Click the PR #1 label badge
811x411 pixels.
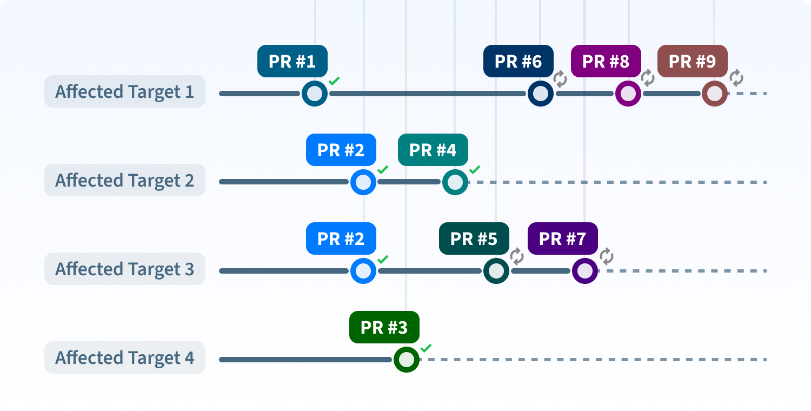coord(292,61)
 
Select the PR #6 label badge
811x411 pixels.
coord(518,61)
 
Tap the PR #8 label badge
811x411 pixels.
coord(606,61)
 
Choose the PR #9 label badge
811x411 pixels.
coord(692,61)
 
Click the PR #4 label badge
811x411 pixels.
coord(433,150)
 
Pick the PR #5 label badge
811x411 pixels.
coord(474,238)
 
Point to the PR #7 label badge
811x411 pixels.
coord(562,238)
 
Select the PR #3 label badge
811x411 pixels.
coord(384,327)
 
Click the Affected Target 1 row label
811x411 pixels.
coord(124,91)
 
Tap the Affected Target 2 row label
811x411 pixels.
coord(124,180)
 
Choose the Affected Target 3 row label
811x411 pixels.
coord(124,269)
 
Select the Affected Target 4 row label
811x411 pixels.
coord(124,357)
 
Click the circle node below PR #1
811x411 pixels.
coord(315,94)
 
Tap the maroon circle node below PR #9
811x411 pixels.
coord(715,94)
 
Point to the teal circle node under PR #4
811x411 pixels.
coord(455,182)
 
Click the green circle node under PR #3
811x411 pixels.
coord(407,360)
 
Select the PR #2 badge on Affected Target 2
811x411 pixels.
coord(341,150)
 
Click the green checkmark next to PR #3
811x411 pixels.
coord(426,348)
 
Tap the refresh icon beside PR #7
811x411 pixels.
coord(607,256)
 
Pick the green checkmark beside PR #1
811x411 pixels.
coord(334,81)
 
